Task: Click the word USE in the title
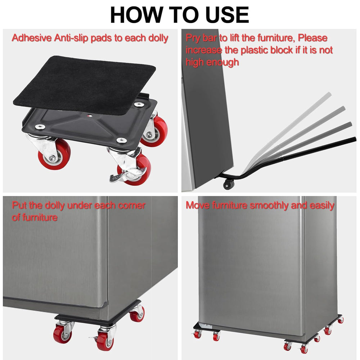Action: pyautogui.click(x=227, y=15)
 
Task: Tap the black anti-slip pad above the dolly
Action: pyautogui.click(x=85, y=85)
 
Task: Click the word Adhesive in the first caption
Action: pyautogui.click(x=32, y=38)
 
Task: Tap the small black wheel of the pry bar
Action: pyautogui.click(x=229, y=184)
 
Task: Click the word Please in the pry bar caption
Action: pyautogui.click(x=312, y=38)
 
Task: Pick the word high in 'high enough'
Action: pyautogui.click(x=195, y=62)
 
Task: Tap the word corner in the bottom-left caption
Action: pyautogui.click(x=132, y=206)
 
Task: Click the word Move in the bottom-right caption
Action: pyautogui.click(x=198, y=205)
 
